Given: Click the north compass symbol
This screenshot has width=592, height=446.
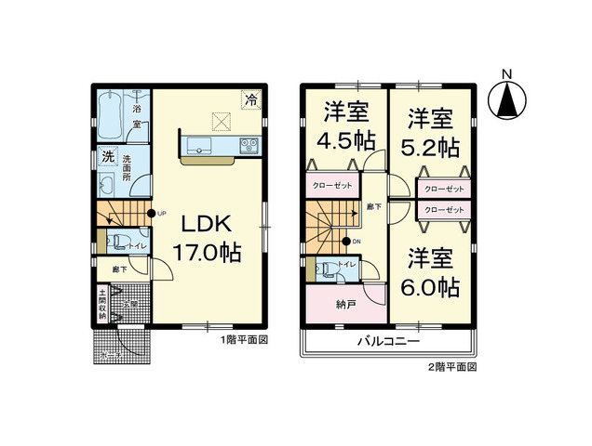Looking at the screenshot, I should [x=506, y=96].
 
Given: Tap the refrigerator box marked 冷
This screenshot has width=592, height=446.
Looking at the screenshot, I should [x=251, y=98].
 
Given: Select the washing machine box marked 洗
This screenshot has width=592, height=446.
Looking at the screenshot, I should [x=108, y=157].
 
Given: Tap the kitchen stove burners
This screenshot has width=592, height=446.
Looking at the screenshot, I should [x=250, y=144].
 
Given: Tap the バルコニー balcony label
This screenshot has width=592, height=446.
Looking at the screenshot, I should [x=387, y=342].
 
